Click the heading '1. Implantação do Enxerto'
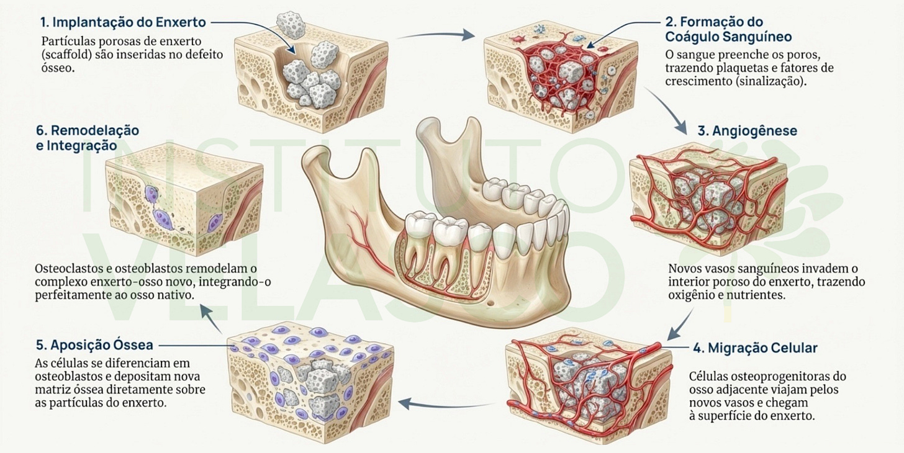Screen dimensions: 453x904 (x=123, y=22)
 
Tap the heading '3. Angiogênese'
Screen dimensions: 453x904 (x=748, y=131)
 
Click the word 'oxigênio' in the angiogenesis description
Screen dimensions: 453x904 (x=691, y=296)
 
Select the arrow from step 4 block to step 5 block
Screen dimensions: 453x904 (x=447, y=404)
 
